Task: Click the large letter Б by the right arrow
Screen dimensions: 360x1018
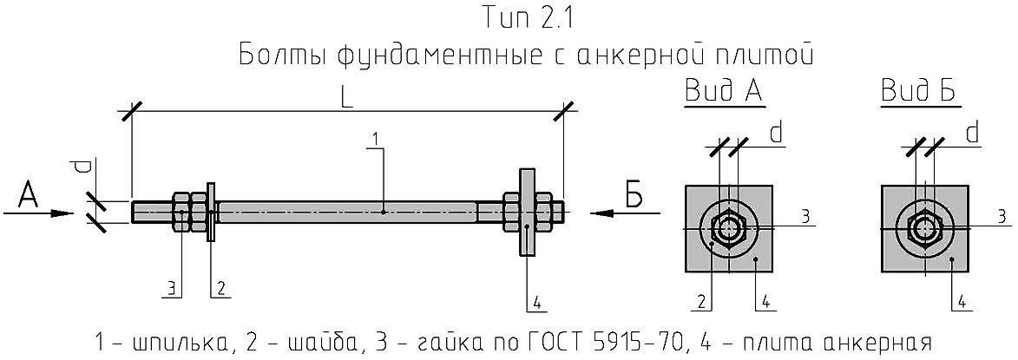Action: tap(634, 197)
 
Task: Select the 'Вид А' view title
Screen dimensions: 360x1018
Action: tap(724, 92)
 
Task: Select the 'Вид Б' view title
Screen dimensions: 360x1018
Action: tap(919, 92)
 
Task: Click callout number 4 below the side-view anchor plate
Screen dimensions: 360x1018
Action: tap(537, 302)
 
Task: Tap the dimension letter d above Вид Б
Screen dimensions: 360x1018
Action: tap(972, 133)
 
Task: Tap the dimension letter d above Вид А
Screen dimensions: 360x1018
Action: tap(777, 133)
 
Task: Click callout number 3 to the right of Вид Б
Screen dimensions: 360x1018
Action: tap(1001, 215)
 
